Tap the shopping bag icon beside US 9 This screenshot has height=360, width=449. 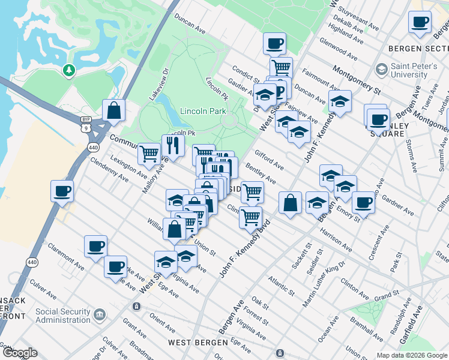pos(113,110)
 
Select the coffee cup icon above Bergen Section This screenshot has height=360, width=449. pos(420,22)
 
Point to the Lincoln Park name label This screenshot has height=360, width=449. pos(204,111)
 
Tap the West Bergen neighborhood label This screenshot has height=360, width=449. pos(197,343)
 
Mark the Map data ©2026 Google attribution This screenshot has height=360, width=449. pos(412,355)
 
